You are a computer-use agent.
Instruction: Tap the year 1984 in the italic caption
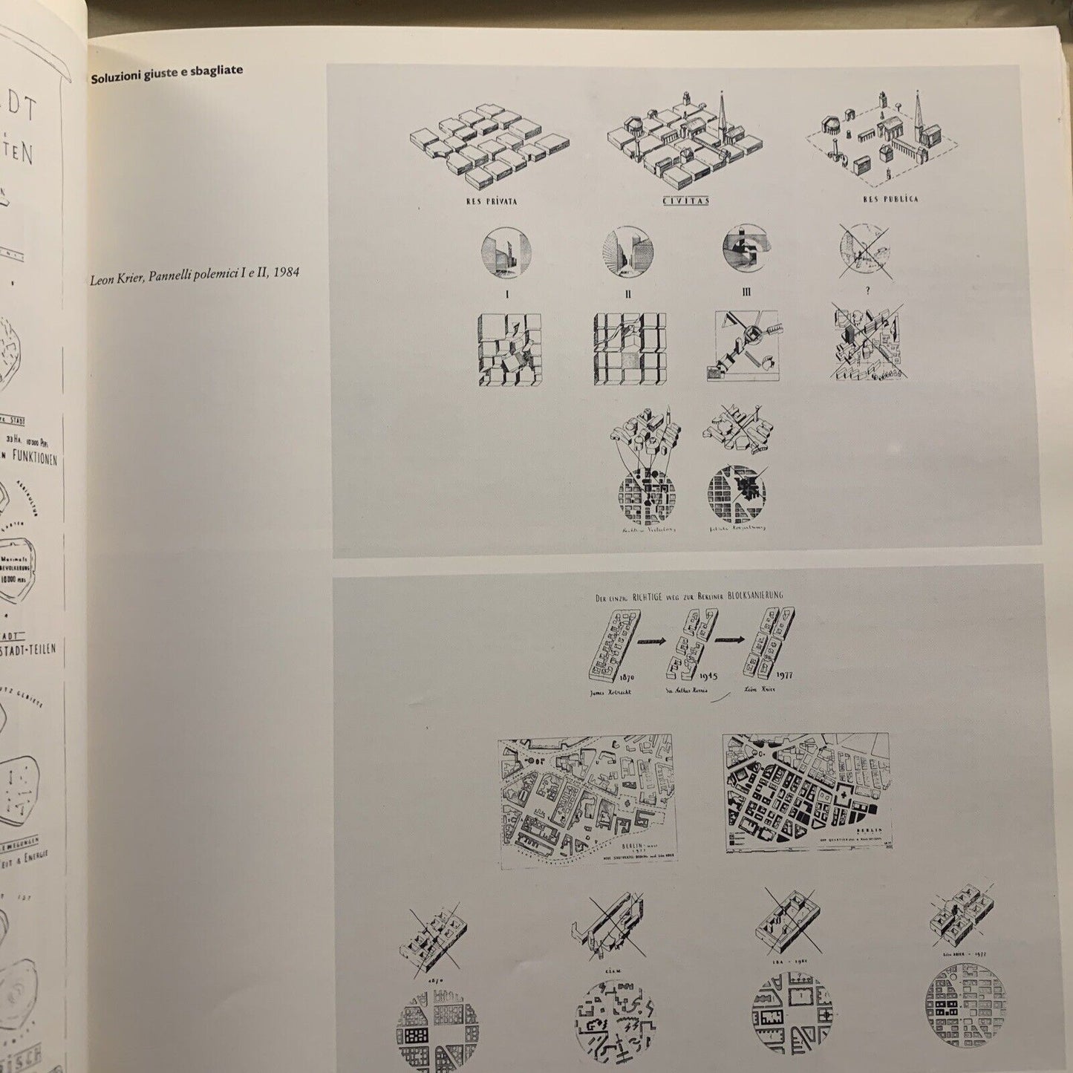(286, 273)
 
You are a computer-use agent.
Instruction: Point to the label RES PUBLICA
(890, 199)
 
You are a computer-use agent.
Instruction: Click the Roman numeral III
(746, 292)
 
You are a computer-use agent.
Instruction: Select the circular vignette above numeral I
(506, 252)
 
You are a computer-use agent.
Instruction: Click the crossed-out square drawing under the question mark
(866, 346)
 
